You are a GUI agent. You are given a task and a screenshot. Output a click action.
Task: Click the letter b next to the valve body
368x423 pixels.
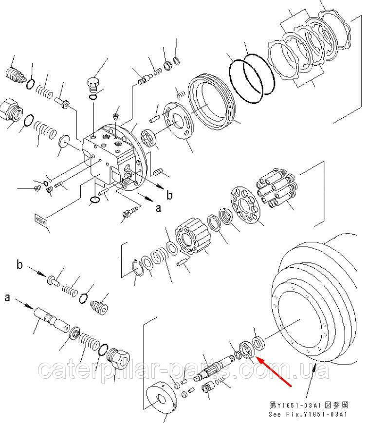pyautogui.click(x=169, y=195)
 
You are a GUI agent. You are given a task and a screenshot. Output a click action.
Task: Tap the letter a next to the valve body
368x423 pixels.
pyautogui.click(x=158, y=208)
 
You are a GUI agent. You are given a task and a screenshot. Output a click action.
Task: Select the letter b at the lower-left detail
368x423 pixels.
pyautogui.click(x=19, y=265)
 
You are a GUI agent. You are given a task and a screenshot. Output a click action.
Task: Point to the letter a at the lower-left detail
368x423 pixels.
pyautogui.click(x=8, y=297)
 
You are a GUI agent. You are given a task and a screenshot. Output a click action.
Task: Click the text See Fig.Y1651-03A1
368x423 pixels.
pyautogui.click(x=308, y=414)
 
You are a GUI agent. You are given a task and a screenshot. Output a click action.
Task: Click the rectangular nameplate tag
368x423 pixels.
pyautogui.click(x=41, y=221)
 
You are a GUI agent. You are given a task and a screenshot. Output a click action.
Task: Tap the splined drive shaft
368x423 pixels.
pyautogui.click(x=214, y=368)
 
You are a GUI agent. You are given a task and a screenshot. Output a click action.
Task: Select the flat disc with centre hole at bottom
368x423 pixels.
pyautogui.click(x=161, y=399)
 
